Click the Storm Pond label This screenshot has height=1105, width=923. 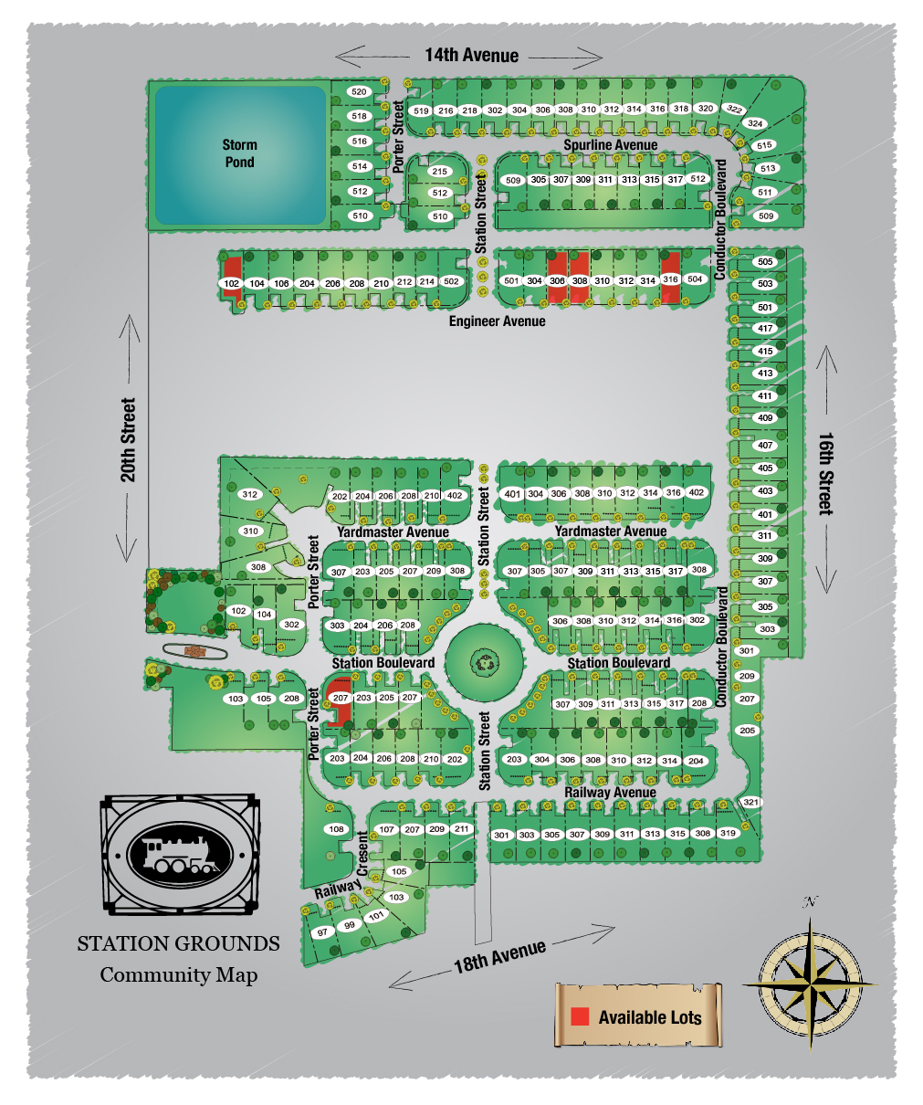(x=239, y=153)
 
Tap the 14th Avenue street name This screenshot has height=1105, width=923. (x=471, y=56)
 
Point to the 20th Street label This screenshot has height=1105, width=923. (x=128, y=440)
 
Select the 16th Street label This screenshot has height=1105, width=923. (x=825, y=473)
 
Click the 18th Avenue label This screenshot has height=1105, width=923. (x=499, y=955)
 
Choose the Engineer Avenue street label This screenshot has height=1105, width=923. (x=497, y=321)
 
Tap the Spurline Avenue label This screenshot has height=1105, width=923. (x=610, y=145)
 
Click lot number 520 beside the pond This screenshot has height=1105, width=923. (x=359, y=91)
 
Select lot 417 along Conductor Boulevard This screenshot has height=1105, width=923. (x=765, y=329)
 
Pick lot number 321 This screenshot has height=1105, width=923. (x=750, y=802)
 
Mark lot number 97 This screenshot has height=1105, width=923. (x=322, y=932)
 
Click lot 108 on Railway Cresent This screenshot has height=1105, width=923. (x=337, y=829)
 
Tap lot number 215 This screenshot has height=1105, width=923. (x=440, y=172)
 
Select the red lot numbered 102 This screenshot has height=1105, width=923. (x=232, y=283)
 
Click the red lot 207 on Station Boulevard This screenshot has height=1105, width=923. (x=341, y=698)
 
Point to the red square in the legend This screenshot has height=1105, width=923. (x=580, y=1016)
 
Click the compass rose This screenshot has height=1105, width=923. (x=810, y=984)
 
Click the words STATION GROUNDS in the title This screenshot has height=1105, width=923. (x=178, y=943)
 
